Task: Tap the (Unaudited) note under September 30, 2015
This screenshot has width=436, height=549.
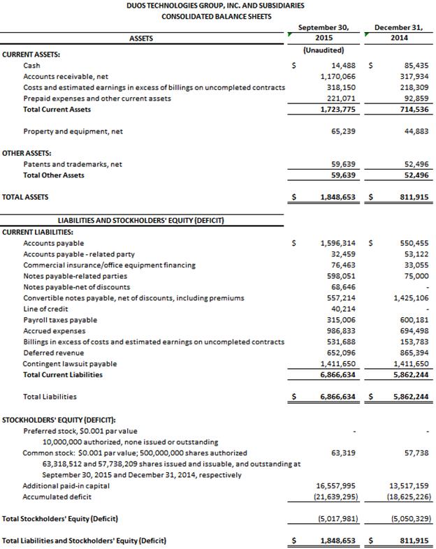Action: click(x=323, y=50)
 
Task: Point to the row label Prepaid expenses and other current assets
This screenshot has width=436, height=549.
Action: click(x=97, y=98)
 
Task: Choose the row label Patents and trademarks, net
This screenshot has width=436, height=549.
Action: click(x=73, y=164)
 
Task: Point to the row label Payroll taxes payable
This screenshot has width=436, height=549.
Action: click(x=61, y=320)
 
